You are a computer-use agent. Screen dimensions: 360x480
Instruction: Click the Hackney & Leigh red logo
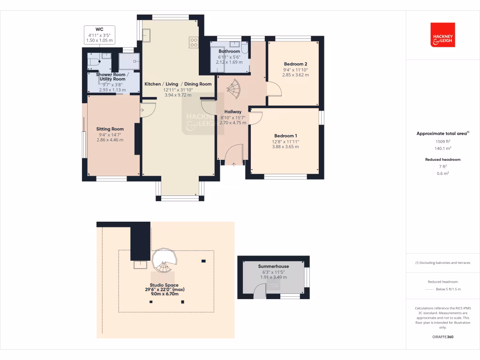(442, 35)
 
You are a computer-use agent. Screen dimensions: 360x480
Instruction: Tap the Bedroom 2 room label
(295, 64)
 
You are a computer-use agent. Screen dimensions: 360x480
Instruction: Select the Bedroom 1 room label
(285, 135)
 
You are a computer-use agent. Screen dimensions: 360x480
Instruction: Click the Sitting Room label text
(110, 129)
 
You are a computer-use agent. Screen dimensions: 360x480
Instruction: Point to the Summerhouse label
(273, 266)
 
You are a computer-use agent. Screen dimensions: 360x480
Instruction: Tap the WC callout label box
(99, 35)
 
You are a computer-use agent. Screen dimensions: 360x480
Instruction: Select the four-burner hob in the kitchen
(194, 43)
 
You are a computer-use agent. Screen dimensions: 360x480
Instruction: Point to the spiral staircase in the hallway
(232, 88)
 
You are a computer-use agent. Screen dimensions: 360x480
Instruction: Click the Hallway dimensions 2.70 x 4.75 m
(232, 123)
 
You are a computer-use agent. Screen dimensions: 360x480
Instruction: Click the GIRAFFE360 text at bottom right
(442, 337)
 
